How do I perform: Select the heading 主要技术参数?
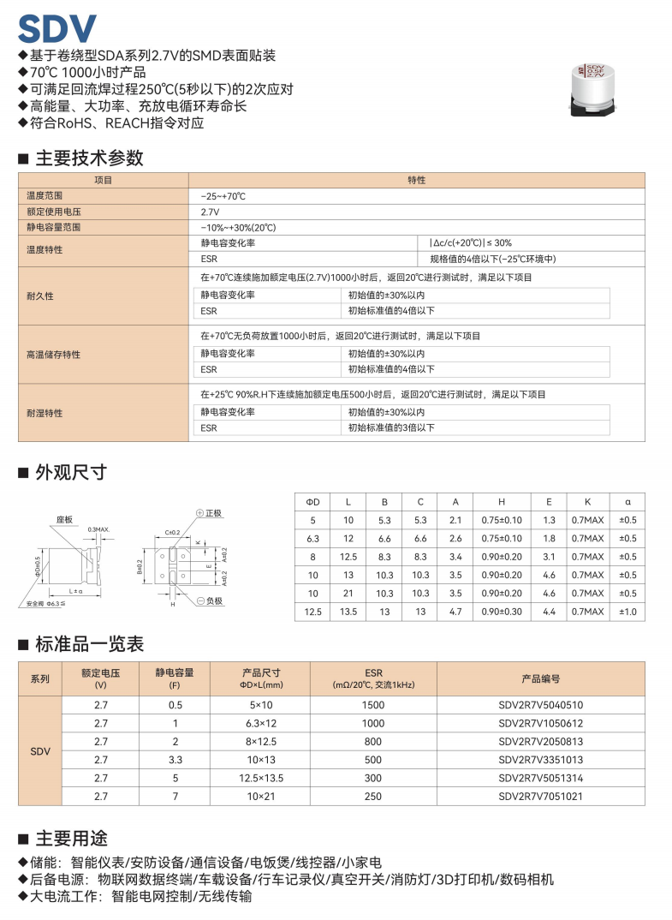click(89, 158)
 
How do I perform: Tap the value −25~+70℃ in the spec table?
click(223, 196)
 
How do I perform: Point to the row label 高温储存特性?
click(53, 354)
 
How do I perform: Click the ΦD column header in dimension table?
click(312, 502)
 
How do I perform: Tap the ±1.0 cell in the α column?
click(627, 611)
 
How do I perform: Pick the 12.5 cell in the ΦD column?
click(312, 611)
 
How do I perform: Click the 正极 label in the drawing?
click(212, 513)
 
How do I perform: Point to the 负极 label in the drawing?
click(212, 601)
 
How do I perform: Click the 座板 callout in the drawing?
click(65, 519)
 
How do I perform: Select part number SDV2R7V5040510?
click(540, 705)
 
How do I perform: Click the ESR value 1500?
click(373, 705)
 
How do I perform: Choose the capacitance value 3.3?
click(175, 760)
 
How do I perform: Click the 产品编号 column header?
click(540, 678)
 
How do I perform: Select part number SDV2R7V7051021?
click(540, 796)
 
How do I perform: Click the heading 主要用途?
click(71, 838)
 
